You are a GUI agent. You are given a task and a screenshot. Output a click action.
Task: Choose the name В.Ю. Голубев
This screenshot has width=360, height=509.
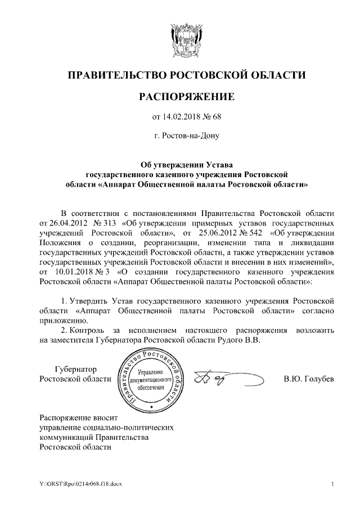coord(308,379)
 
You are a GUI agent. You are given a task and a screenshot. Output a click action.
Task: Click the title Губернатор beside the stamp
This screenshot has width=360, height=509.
coord(75,370)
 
